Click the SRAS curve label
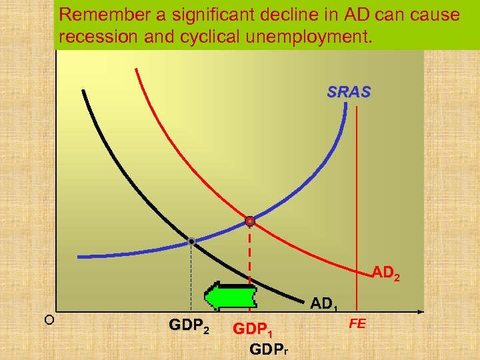click(x=348, y=93)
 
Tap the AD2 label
click(x=386, y=272)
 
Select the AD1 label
click(x=325, y=304)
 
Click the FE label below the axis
click(x=358, y=323)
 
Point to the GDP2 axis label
click(x=189, y=327)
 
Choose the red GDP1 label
click(x=253, y=329)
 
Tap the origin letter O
click(x=49, y=319)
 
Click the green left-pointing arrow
click(x=230, y=296)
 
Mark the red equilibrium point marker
click(x=249, y=221)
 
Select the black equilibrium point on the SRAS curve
click(x=191, y=241)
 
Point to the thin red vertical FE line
click(x=358, y=200)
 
